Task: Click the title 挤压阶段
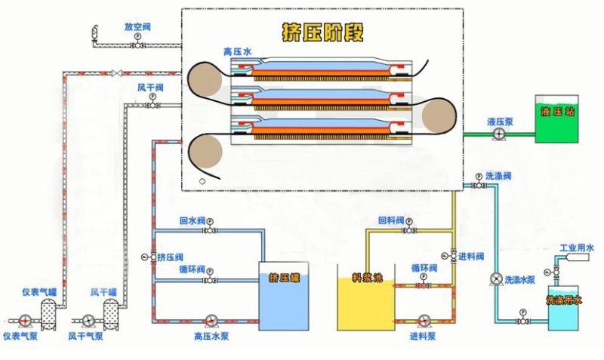(x=323, y=32)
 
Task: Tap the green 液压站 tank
(x=556, y=119)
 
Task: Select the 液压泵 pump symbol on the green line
(x=499, y=134)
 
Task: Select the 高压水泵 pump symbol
(x=211, y=321)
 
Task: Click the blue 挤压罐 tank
(x=284, y=296)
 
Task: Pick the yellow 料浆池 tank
(x=366, y=297)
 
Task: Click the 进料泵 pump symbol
(x=424, y=321)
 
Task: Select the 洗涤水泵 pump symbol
(x=496, y=279)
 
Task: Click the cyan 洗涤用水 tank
(x=563, y=308)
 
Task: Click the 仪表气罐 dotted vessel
(x=48, y=314)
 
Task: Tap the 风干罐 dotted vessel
(x=111, y=314)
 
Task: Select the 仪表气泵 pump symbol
(x=25, y=321)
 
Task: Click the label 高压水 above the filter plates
(x=237, y=51)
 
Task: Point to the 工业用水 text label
(x=577, y=248)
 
